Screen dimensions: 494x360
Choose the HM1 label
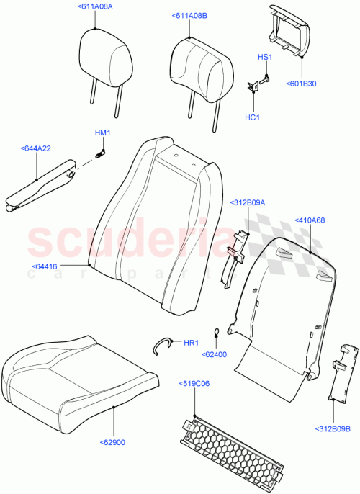click(x=102, y=133)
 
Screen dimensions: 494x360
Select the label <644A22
click(x=35, y=148)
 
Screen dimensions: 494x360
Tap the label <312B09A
click(x=248, y=203)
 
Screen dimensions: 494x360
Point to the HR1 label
click(x=191, y=343)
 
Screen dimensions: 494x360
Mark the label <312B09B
click(x=332, y=449)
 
